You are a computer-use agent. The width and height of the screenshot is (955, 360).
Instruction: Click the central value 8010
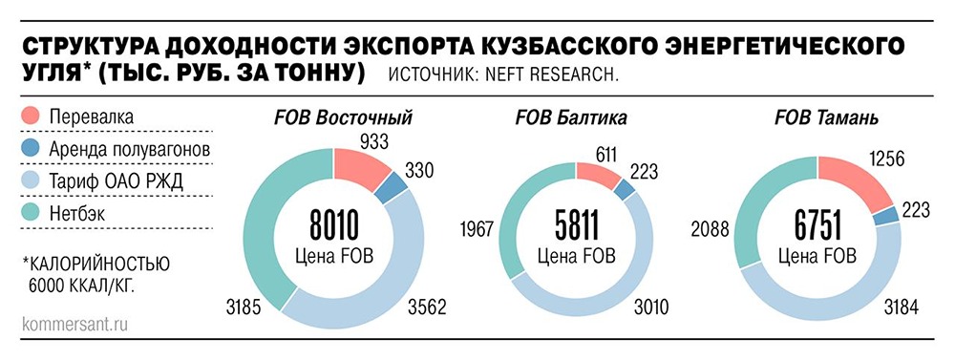click(x=334, y=227)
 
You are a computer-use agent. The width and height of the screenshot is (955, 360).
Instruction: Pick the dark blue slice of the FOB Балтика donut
click(x=626, y=189)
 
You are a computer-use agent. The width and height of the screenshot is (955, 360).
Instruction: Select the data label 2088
click(x=712, y=228)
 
